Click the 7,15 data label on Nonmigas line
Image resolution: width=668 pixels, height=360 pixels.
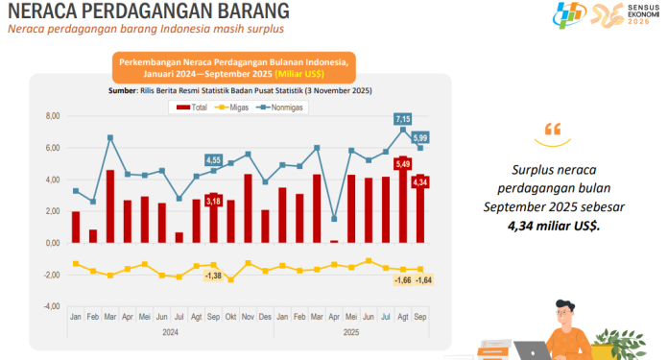click(x=403, y=119)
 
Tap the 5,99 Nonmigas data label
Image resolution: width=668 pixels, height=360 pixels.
click(x=420, y=137)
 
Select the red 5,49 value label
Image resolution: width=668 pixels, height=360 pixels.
click(x=403, y=165)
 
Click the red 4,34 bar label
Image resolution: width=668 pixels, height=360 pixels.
click(x=419, y=182)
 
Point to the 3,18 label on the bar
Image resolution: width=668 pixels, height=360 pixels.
click(x=213, y=201)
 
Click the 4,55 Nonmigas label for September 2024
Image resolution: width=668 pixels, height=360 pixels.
click(x=213, y=159)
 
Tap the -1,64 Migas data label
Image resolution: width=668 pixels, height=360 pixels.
click(x=421, y=279)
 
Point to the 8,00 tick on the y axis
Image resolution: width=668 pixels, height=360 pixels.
click(x=53, y=116)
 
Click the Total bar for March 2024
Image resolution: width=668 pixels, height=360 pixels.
click(x=110, y=206)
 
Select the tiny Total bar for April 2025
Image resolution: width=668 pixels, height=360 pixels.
click(x=333, y=241)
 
